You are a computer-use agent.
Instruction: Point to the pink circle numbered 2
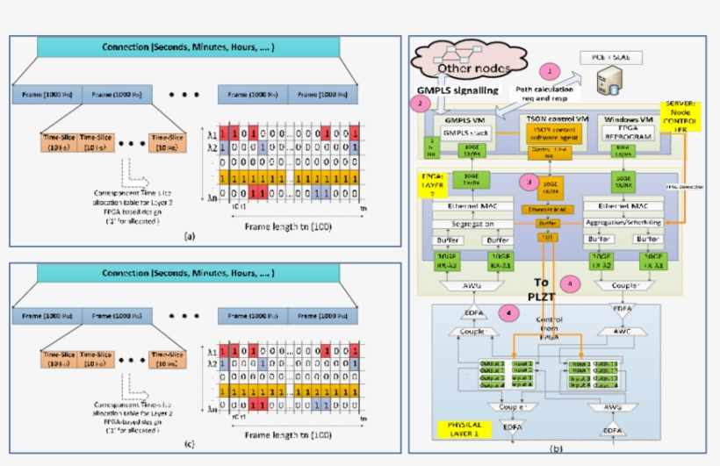pyautogui.click(x=422, y=104)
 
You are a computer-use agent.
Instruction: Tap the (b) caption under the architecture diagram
pyautogui.click(x=555, y=448)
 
